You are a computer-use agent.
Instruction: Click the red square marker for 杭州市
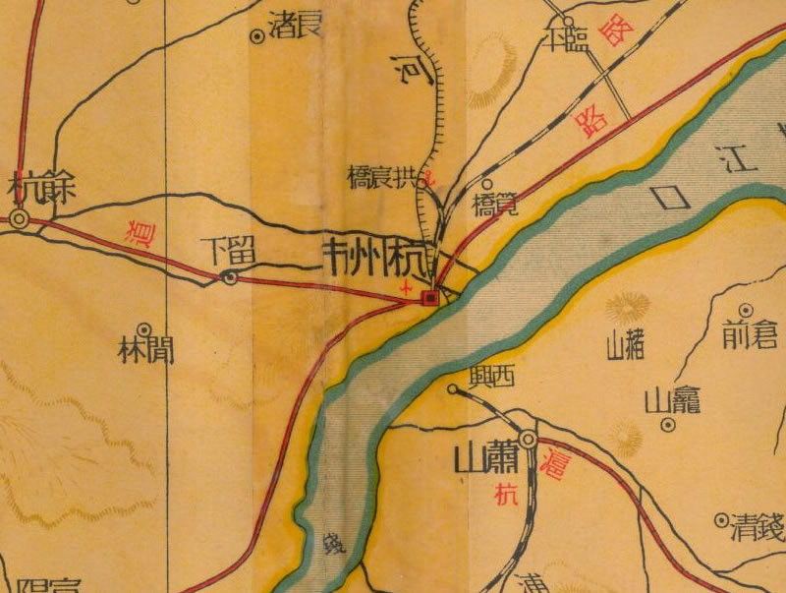pos(429,297)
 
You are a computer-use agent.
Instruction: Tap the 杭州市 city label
pos(377,259)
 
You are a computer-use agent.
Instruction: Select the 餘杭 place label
pos(39,187)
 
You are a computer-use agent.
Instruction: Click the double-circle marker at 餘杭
pos(20,220)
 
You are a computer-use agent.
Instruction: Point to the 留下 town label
pos(234,251)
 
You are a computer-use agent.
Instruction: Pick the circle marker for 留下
pos(229,278)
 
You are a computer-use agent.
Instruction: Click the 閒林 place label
pos(146,351)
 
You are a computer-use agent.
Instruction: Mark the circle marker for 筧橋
pos(488,183)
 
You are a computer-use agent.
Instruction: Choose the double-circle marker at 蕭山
pos(529,439)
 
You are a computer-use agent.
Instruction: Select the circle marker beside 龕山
pos(668,426)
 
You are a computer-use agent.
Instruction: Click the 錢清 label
pos(758,531)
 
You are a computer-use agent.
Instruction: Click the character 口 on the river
pos(675,198)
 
